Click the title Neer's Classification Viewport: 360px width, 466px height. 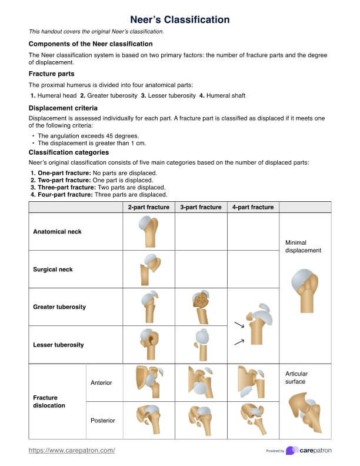[179, 19]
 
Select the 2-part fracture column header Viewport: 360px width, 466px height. [149, 207]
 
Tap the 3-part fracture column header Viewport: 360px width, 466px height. [201, 207]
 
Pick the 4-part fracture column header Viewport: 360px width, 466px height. [253, 207]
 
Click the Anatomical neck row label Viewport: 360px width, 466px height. [57, 232]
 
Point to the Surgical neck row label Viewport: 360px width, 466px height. [53, 269]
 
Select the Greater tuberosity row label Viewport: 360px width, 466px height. [59, 307]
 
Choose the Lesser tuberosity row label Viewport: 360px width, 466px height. [58, 345]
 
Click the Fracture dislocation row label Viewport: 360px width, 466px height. [49, 402]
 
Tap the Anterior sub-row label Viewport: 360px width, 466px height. [101, 383]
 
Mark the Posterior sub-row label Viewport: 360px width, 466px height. [102, 421]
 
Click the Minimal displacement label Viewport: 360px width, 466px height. [303, 247]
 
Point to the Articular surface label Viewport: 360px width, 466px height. [296, 378]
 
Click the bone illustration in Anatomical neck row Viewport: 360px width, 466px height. [148, 231]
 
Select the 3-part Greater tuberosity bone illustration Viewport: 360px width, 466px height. [201, 306]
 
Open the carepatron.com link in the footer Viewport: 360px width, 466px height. [72, 450]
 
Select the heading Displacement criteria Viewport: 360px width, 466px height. [63, 108]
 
